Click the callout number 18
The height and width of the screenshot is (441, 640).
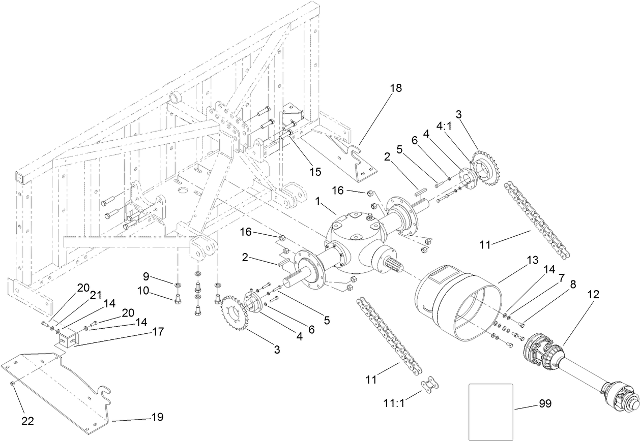coord(395,88)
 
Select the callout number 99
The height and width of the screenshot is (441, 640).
coord(545,403)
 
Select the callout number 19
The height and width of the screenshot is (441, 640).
coord(157,417)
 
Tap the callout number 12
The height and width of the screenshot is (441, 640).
coord(594,294)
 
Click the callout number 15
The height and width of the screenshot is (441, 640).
coord(315,172)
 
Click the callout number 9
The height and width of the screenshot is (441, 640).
coord(146,277)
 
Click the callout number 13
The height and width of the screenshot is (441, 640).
coord(532,260)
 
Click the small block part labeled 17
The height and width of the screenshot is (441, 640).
coord(68,339)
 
